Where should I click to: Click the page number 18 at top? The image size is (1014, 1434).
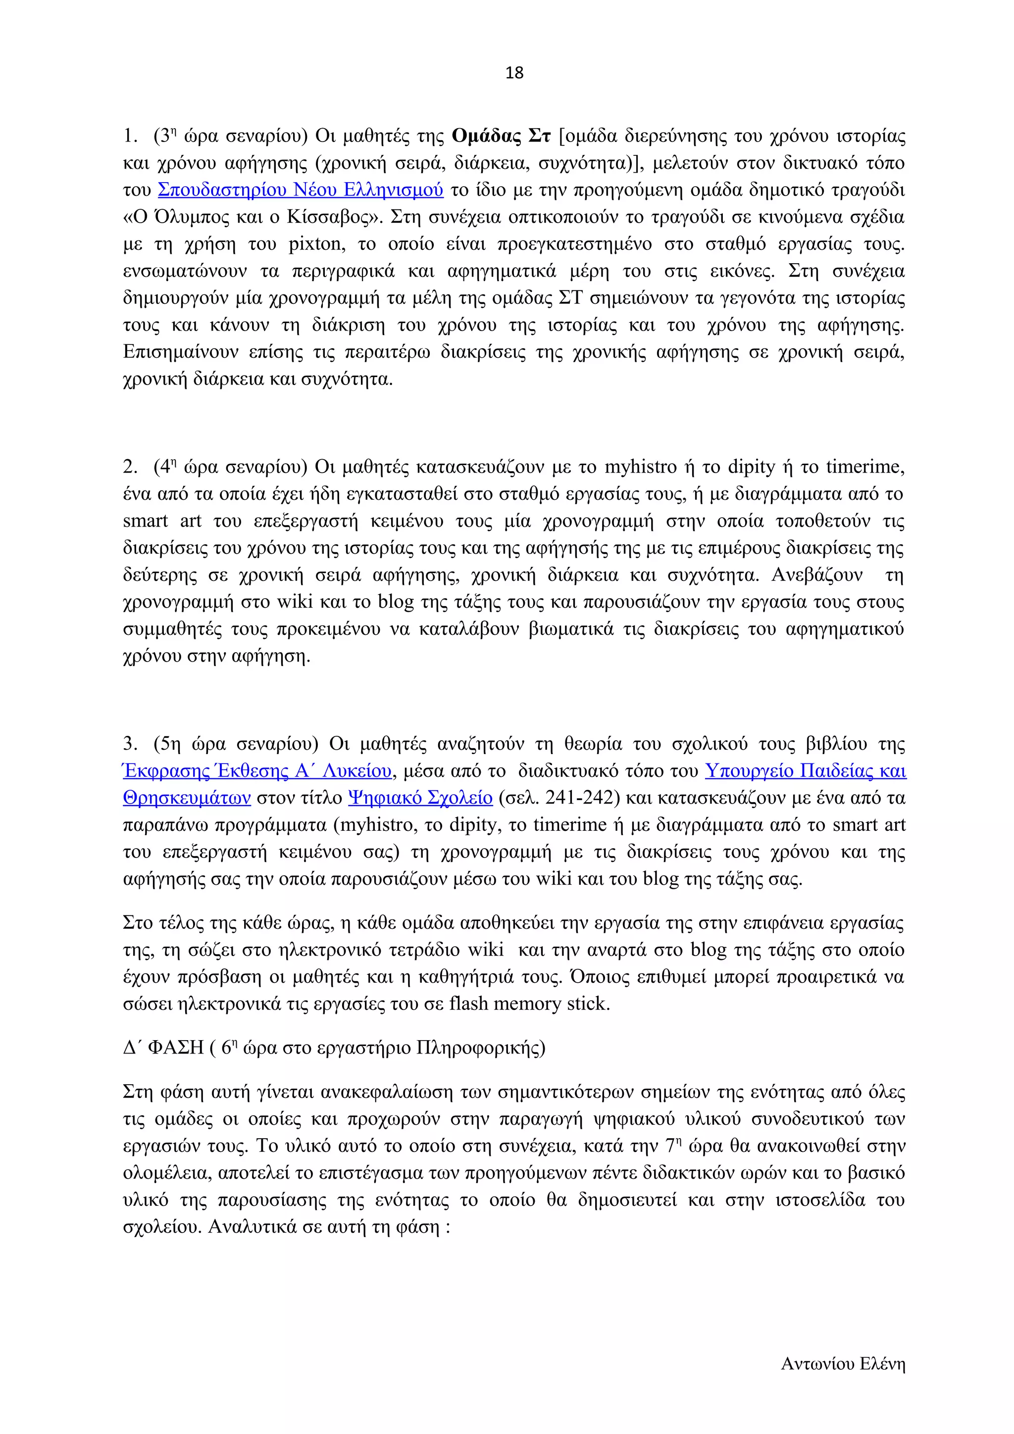point(513,73)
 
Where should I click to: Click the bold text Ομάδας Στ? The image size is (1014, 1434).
point(501,136)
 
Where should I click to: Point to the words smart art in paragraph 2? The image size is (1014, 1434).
point(162,521)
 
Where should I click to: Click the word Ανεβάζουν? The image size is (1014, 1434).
point(816,574)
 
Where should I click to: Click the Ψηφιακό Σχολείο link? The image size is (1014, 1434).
point(420,798)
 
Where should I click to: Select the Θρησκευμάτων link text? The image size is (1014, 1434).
point(187,798)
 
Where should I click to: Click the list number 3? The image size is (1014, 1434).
point(129,743)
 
